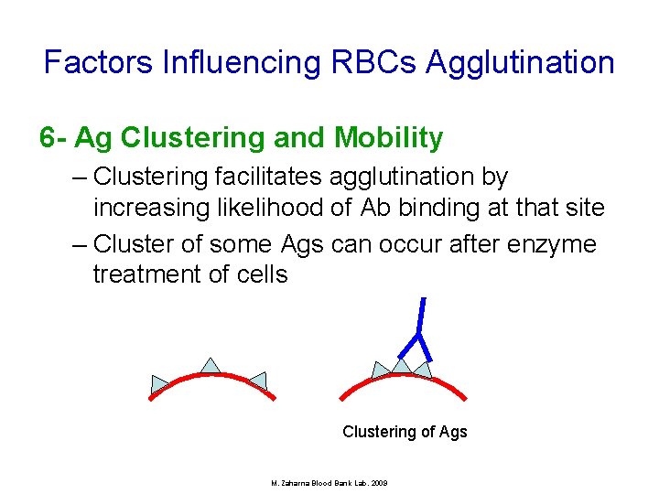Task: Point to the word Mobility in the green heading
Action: coord(389,138)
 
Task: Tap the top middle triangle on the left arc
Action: coord(211,366)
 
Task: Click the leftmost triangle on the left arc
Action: coord(160,383)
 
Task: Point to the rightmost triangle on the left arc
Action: coord(258,381)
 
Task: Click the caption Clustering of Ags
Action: coord(405,432)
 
